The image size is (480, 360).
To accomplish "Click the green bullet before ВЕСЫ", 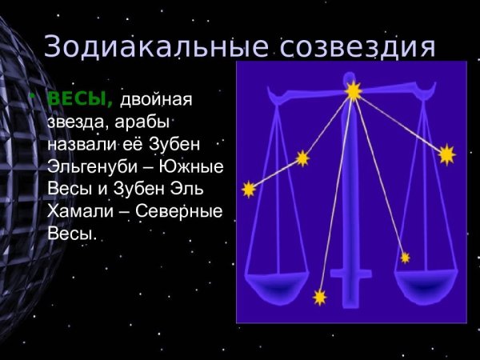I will (x=34, y=98).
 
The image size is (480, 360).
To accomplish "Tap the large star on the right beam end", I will (x=446, y=154).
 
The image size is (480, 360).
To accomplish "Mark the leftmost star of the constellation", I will (x=249, y=189).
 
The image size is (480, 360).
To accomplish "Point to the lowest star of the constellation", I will (x=320, y=298).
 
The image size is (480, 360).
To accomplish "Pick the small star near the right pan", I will (x=405, y=257).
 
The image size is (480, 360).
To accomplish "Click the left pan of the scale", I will (x=277, y=283).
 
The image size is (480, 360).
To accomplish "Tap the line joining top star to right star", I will (x=400, y=123).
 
